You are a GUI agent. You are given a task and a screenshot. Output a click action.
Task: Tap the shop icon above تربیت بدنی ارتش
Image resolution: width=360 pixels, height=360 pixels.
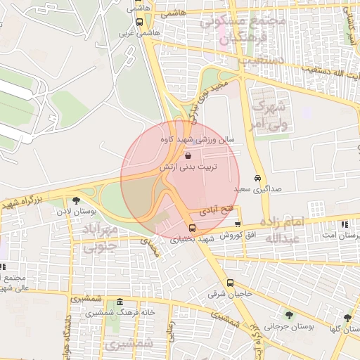(x=186, y=155)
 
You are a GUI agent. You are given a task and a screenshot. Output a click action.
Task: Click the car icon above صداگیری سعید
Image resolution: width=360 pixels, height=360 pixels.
(x=257, y=178)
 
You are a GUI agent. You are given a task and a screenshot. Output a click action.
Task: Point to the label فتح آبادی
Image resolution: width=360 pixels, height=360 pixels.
(x=212, y=210)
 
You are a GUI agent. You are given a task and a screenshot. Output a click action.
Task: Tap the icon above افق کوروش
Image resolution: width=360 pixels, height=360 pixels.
(x=238, y=224)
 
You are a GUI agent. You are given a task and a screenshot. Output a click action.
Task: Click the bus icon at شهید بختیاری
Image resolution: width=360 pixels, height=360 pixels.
(x=192, y=228)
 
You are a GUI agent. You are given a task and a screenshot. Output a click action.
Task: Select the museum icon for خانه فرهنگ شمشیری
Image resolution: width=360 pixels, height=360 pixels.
(x=117, y=301)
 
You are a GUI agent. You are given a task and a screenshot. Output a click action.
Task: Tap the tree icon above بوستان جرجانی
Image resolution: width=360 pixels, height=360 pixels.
(x=289, y=314)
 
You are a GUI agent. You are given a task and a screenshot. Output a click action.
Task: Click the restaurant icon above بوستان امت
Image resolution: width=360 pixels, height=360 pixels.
(x=343, y=224)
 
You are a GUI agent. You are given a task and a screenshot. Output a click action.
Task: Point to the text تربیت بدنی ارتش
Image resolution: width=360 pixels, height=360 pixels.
(x=190, y=167)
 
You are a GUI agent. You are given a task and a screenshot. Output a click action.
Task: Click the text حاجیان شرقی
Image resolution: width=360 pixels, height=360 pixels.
(x=229, y=295)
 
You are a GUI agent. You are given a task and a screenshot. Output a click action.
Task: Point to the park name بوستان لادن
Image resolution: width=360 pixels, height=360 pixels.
(x=75, y=212)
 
